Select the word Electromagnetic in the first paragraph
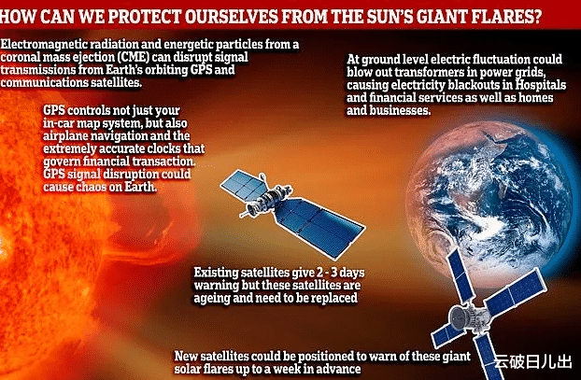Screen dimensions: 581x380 (x=44, y=45)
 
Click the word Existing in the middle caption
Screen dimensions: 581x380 (x=216, y=273)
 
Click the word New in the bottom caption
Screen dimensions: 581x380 (x=186, y=356)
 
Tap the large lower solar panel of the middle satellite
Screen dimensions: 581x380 (x=320, y=226)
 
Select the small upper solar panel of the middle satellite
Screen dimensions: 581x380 (x=245, y=185)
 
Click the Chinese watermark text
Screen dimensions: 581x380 (x=533, y=362)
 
